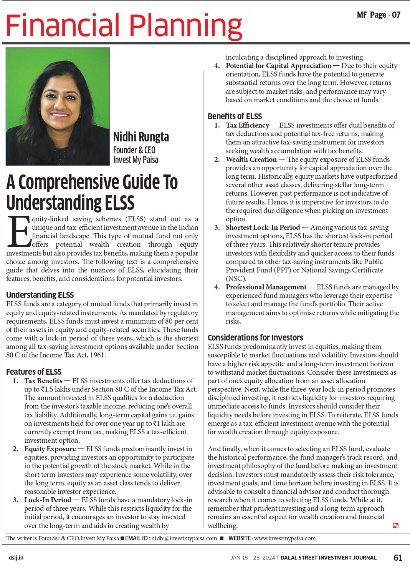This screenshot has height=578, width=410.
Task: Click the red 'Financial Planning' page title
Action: click(124, 25)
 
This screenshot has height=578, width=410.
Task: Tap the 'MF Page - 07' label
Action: click(379, 15)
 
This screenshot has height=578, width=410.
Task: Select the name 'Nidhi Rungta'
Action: click(141, 137)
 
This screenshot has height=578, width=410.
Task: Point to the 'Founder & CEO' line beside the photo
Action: click(134, 150)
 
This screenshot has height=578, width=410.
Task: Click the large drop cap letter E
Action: click(18, 232)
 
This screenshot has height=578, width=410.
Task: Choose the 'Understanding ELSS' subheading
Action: click(40, 295)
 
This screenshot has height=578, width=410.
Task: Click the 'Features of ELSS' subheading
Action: click(34, 372)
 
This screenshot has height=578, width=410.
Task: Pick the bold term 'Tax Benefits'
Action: click(43, 380)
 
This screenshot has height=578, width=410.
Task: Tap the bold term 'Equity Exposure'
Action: click(50, 449)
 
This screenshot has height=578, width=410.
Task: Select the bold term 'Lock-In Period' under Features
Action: click(48, 500)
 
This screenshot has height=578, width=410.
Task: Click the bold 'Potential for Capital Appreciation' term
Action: click(278, 66)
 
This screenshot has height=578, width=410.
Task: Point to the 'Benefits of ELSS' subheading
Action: click(235, 116)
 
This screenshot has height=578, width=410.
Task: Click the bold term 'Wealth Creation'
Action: click(251, 159)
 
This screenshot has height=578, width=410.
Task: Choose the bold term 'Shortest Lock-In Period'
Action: click(263, 227)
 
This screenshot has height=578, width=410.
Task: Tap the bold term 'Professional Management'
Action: click(266, 287)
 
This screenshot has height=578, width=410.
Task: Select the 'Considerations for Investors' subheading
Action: click(255, 337)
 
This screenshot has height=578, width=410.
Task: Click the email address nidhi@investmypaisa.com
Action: click(184, 538)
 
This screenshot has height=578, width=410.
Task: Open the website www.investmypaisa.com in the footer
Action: click(285, 538)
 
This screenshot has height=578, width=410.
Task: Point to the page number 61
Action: click(398, 557)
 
